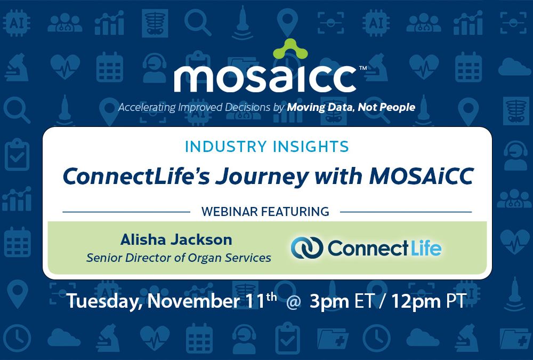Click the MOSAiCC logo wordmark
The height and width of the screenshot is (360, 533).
point(265,79)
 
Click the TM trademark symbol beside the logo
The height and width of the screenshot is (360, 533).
point(362,68)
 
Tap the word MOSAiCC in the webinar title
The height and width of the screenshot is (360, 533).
point(422,177)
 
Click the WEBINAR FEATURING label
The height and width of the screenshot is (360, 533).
point(265,212)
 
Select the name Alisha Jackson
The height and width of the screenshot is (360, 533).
point(176,239)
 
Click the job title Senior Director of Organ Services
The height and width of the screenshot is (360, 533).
point(179,258)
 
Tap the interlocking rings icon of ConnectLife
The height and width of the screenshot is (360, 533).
point(306,248)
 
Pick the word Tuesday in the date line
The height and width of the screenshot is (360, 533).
point(101,301)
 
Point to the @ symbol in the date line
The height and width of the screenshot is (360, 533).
point(292,302)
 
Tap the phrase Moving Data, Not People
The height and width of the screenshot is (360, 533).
point(351,108)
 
